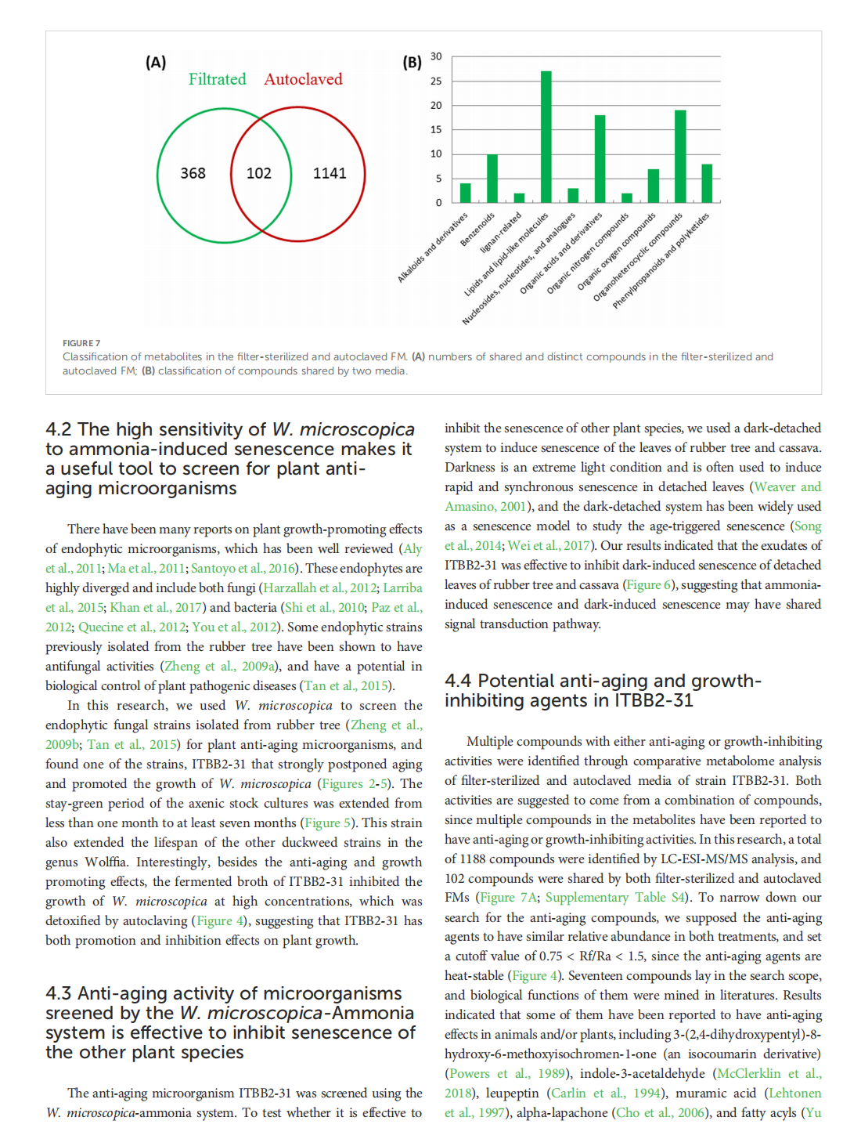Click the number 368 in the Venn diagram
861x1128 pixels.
click(x=193, y=173)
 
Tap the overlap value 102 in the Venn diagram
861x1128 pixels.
click(x=259, y=173)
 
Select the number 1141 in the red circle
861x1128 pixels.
click(x=330, y=173)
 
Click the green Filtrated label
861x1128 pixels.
click(x=217, y=79)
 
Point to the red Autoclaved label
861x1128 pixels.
click(x=303, y=79)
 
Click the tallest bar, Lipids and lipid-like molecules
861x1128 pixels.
click(x=546, y=137)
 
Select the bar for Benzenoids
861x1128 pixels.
click(x=492, y=179)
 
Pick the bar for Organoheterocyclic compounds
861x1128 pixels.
click(x=680, y=157)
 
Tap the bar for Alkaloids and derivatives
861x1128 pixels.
click(x=466, y=193)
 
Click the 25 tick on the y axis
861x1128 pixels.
click(x=436, y=81)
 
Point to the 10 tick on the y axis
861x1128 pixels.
click(x=436, y=154)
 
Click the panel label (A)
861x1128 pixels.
click(x=156, y=63)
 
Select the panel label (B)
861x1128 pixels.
click(x=412, y=63)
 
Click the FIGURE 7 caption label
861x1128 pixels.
click(x=81, y=343)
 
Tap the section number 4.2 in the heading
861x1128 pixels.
click(x=59, y=429)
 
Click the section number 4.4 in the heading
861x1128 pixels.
click(x=458, y=681)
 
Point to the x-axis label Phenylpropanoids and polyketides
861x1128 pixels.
click(x=661, y=260)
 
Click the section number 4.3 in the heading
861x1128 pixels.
click(x=59, y=993)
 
